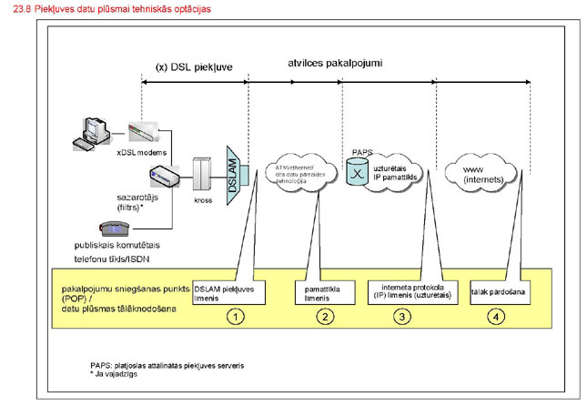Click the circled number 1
click(235, 318)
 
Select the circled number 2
click(322, 318)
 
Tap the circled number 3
click(404, 318)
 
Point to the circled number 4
click(495, 318)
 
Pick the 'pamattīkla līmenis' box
click(317, 291)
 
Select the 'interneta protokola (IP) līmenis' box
click(404, 291)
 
